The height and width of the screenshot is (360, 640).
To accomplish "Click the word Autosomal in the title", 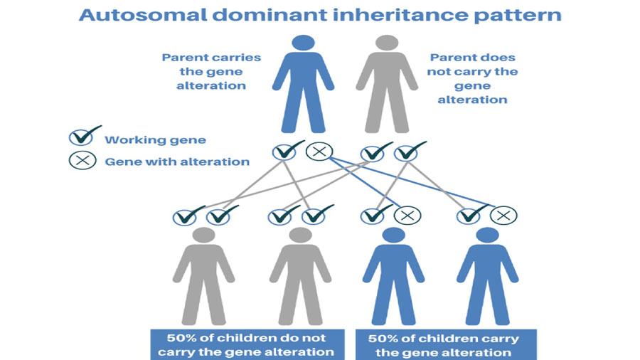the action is coord(144,15).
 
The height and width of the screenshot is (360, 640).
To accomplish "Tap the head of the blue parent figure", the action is coord(303,43).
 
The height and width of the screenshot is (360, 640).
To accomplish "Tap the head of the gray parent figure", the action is coord(387,43).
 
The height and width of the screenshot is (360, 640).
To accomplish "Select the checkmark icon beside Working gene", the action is coord(84,137).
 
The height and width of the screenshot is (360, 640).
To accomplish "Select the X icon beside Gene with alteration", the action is coord(82,160).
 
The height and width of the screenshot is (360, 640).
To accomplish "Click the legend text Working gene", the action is coord(155,140).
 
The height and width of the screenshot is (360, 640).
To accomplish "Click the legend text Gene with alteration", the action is coord(177,162).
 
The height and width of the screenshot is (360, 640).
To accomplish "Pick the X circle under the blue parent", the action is coord(319,152).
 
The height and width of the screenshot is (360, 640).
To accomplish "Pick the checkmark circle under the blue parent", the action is coord(287,151).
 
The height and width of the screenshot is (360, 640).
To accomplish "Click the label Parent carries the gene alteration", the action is coord(211,71).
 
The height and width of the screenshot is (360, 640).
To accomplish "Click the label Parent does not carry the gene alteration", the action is coord(472,78).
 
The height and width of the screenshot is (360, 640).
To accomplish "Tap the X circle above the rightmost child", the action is coord(503,215).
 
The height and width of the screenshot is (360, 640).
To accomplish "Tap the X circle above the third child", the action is coord(407,215).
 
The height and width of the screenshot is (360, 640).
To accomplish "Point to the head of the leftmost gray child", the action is coord(203,235).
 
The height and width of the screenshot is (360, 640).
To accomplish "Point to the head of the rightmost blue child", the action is coord(487,235).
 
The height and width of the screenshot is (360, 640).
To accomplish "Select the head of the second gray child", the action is coord(300,235).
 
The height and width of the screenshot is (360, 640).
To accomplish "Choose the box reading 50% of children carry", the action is coord(446,345).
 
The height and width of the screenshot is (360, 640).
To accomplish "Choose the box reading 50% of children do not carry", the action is coord(247,345).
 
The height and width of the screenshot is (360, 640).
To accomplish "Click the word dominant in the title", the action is coord(270,15).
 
